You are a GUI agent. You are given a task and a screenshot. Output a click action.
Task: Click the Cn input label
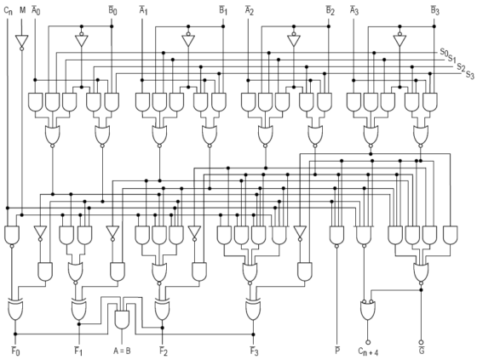pos(8,10)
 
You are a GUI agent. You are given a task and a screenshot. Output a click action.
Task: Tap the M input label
pos(23,10)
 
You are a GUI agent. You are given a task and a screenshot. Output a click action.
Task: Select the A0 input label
pos(36,10)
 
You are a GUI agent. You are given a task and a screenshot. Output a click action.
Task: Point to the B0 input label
pos(112,10)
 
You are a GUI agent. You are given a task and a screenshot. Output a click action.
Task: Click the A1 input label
pos(143,10)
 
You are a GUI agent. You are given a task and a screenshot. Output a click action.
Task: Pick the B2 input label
pos(330,10)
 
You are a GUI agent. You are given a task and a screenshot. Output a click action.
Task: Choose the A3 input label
pos(353,10)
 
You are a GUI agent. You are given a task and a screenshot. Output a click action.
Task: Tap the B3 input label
pos(434,10)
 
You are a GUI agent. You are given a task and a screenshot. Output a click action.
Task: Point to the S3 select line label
pos(469,75)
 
